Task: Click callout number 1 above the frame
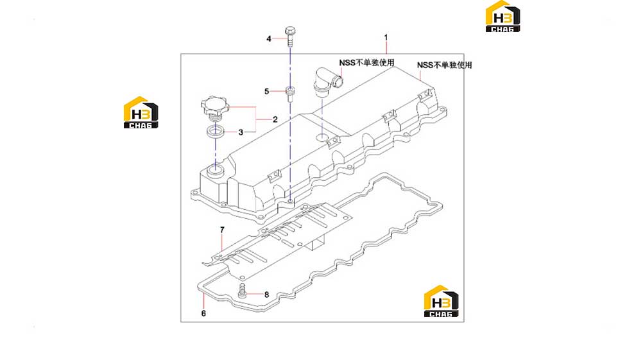pyautogui.click(x=386, y=37)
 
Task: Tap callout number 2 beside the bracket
pyautogui.click(x=275, y=119)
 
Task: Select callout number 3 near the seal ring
pyautogui.click(x=241, y=132)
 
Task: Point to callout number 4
pyautogui.click(x=269, y=39)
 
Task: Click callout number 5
pyautogui.click(x=266, y=92)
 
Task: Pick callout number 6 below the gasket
pyautogui.click(x=203, y=313)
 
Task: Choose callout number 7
pyautogui.click(x=222, y=230)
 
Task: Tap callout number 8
pyautogui.click(x=267, y=295)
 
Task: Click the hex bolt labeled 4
pyautogui.click(x=290, y=37)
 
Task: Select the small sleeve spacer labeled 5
pyautogui.click(x=290, y=94)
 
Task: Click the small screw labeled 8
pyautogui.click(x=243, y=291)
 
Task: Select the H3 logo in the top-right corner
pyautogui.click(x=502, y=16)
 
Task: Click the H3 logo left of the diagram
pyautogui.click(x=141, y=112)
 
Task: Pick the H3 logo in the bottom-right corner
pyautogui.click(x=441, y=301)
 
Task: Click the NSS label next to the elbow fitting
pyautogui.click(x=366, y=63)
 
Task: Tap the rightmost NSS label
pyautogui.click(x=445, y=65)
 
